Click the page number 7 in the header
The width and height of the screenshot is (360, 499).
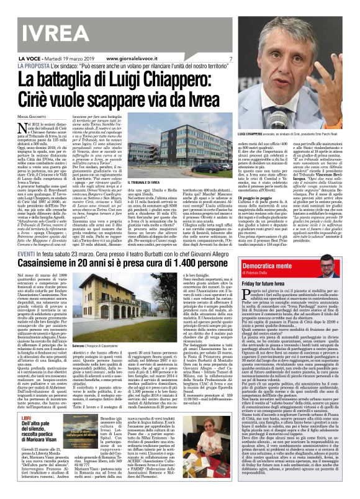coord(230,59)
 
